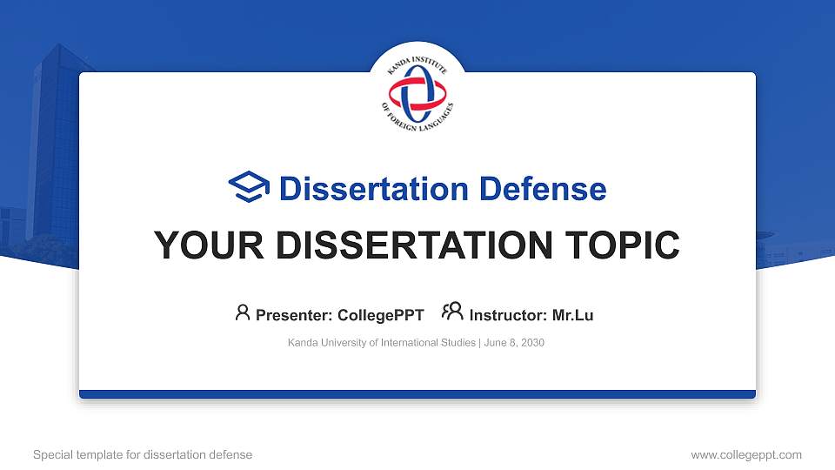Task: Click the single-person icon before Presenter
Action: click(243, 312)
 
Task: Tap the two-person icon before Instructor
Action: click(452, 312)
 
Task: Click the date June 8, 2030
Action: click(514, 343)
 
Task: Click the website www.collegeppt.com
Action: click(745, 454)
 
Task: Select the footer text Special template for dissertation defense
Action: click(143, 454)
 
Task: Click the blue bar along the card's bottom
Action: click(417, 394)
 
